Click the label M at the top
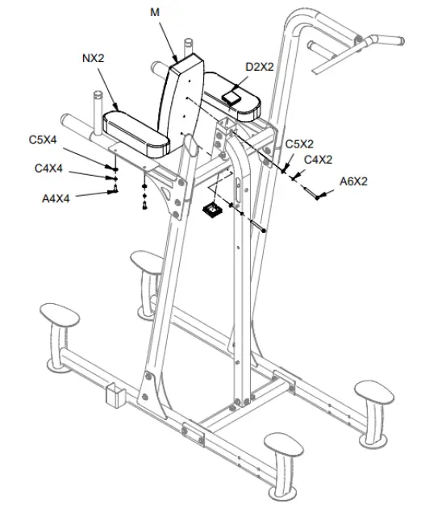pyautogui.click(x=154, y=12)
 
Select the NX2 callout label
pyautogui.click(x=96, y=59)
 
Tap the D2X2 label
pyautogui.click(x=260, y=66)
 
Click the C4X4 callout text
pyautogui.click(x=49, y=169)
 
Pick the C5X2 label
pyautogui.click(x=300, y=144)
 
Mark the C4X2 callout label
pyautogui.click(x=319, y=160)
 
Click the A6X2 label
pyautogui.click(x=353, y=181)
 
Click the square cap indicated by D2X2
pyautogui.click(x=232, y=94)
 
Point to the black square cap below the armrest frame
pyautogui.click(x=212, y=210)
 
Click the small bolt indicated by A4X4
pyautogui.click(x=115, y=189)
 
